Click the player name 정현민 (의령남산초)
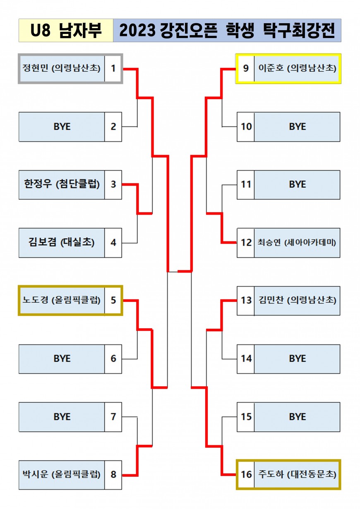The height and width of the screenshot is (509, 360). click(61, 68)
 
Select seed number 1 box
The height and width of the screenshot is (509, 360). click(113, 68)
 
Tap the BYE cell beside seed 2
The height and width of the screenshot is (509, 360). click(62, 127)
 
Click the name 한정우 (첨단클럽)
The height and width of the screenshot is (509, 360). click(62, 184)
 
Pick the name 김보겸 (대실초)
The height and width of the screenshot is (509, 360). click(61, 242)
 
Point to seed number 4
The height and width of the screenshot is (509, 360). click(113, 242)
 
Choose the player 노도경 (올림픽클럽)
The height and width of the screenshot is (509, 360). click(61, 300)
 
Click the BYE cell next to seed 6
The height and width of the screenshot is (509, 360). click(62, 358)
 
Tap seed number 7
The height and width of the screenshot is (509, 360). click(113, 417)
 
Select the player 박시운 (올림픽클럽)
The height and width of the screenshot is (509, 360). click(61, 474)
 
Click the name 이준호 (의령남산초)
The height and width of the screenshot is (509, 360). click(297, 68)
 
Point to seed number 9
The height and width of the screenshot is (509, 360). click(246, 68)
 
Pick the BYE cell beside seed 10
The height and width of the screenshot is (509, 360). click(297, 127)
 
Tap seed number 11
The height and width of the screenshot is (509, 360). click(246, 184)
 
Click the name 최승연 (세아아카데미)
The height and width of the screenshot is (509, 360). click(297, 242)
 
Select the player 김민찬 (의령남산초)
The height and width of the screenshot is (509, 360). click(297, 300)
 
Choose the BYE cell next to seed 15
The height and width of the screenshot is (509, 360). click(297, 417)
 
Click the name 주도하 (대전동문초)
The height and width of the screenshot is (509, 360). click(297, 474)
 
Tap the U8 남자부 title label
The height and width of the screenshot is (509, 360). click(66, 30)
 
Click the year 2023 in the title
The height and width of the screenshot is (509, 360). click(137, 31)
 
